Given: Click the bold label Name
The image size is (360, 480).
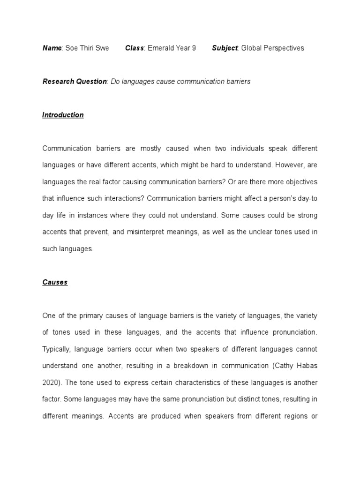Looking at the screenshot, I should [x=52, y=48].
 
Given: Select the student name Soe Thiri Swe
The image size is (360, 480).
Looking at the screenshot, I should [x=87, y=48].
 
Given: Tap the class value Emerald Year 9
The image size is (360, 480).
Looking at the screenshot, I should [x=172, y=48].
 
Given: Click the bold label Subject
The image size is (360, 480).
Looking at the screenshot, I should [x=225, y=48].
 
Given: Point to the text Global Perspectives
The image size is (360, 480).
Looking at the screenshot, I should [x=272, y=48].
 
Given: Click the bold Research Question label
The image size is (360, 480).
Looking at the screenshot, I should [x=75, y=82].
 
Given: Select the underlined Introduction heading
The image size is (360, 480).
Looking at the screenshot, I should [x=63, y=115].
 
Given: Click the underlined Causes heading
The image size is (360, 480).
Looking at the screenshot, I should [x=55, y=282].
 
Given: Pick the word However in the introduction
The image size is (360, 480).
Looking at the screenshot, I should [x=289, y=165].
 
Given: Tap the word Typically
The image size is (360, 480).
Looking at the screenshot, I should [x=56, y=349].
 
